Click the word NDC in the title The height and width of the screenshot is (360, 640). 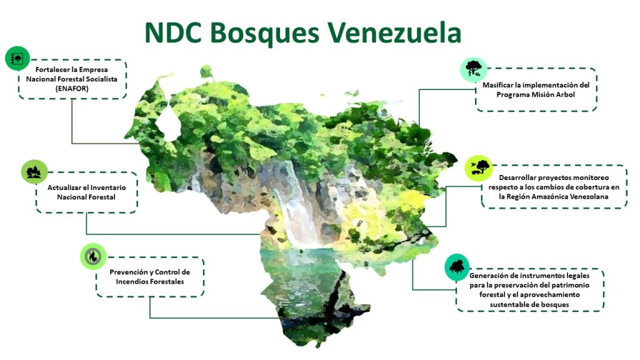[173, 32]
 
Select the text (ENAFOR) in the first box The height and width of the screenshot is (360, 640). [72, 89]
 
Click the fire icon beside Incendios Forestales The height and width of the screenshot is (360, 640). [93, 256]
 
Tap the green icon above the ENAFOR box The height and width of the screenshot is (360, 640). [17, 58]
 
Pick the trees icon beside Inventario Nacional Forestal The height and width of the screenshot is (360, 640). [34, 172]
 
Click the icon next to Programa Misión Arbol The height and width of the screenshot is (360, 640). [474, 69]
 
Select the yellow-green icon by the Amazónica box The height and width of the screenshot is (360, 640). [478, 168]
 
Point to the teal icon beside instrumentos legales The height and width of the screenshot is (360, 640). [457, 267]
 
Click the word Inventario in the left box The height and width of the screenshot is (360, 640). [108, 187]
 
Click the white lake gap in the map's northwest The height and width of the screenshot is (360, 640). [168, 122]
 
